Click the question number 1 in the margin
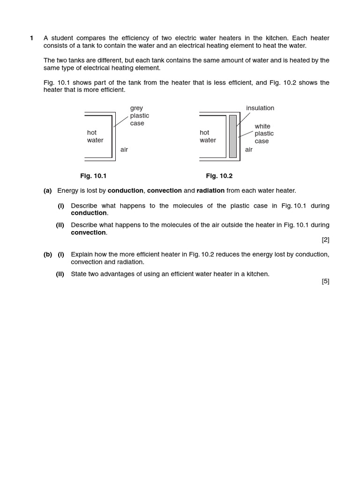(x=32, y=38)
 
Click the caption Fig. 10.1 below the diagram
(x=93, y=176)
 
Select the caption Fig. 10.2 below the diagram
(x=219, y=176)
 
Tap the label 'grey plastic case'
(x=139, y=116)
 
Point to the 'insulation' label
(x=260, y=108)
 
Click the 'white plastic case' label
(x=264, y=134)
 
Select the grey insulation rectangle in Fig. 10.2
(x=232, y=136)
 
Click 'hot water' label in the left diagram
(x=95, y=136)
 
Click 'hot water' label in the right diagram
(x=208, y=136)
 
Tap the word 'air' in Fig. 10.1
(x=124, y=150)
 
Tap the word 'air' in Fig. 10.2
(x=248, y=150)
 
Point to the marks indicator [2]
(x=325, y=240)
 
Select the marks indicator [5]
(x=325, y=281)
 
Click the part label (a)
(x=47, y=190)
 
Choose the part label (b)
(x=47, y=254)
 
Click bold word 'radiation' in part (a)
(x=210, y=190)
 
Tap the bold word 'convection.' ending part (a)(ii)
(x=89, y=232)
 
